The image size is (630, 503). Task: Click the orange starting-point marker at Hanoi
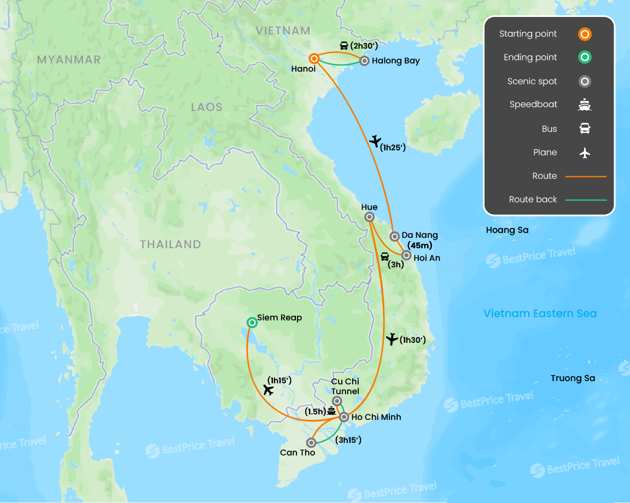(314, 59)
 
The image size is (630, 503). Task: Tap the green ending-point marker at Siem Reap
(252, 323)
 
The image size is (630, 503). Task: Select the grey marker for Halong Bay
(364, 61)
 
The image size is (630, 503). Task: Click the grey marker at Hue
(369, 218)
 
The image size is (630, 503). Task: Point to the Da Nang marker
(394, 236)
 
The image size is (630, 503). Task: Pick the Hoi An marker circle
(406, 255)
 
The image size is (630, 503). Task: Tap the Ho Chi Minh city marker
(344, 417)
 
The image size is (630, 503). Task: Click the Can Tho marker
(311, 442)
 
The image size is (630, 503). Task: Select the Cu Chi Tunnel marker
(337, 401)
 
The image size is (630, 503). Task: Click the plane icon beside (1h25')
(375, 141)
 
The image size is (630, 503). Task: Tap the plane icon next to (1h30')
(392, 340)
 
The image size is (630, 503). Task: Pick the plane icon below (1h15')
(268, 390)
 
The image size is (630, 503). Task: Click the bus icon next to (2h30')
(344, 46)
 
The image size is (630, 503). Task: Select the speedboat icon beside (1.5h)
(331, 411)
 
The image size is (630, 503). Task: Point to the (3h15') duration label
(348, 440)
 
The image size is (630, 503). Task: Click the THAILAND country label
(170, 244)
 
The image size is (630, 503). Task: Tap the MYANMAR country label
(69, 60)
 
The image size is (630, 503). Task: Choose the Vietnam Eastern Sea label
(540, 313)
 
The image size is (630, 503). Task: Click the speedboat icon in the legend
(585, 105)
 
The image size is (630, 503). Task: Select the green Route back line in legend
(585, 200)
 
